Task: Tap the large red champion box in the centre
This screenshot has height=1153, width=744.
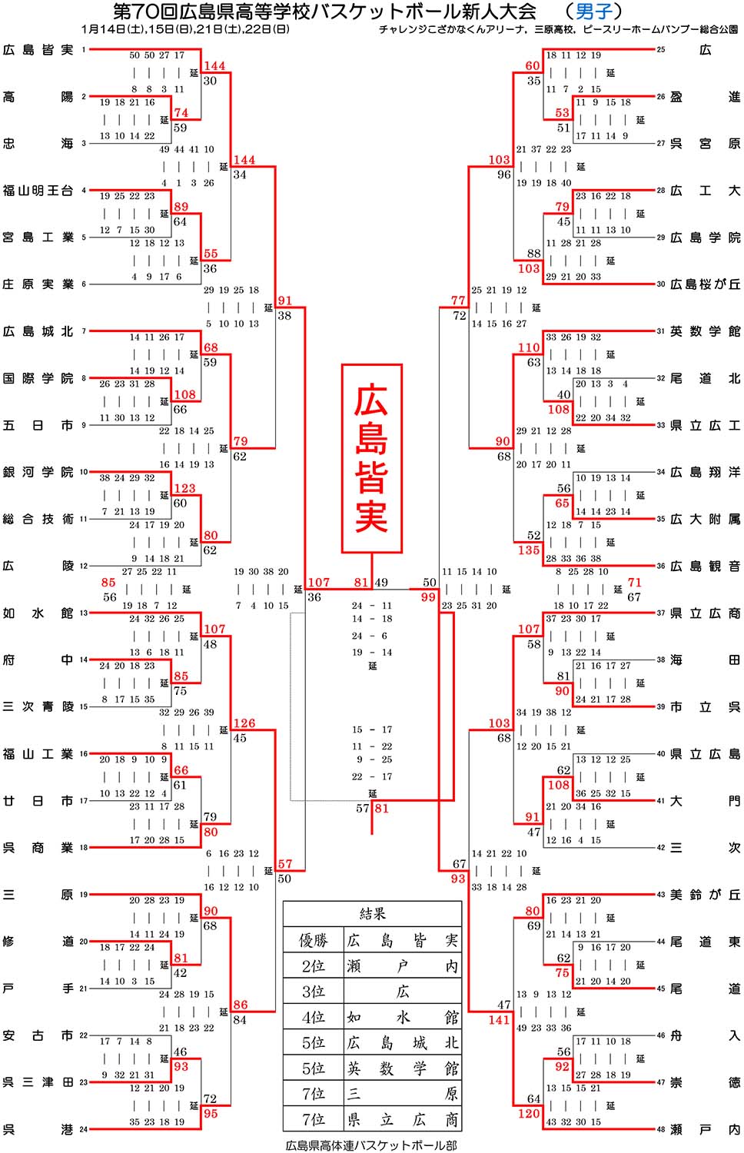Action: click(x=371, y=459)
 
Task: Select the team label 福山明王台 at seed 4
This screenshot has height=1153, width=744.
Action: click(x=38, y=191)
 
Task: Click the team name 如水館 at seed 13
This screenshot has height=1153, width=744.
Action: click(x=38, y=613)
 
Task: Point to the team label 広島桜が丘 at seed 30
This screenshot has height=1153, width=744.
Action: click(x=706, y=284)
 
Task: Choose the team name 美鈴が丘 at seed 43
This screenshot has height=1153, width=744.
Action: click(x=706, y=895)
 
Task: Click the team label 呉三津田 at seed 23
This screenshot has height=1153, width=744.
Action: click(x=38, y=1082)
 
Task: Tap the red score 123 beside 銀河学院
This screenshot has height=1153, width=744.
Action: click(x=184, y=488)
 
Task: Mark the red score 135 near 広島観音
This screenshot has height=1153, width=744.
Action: click(x=529, y=550)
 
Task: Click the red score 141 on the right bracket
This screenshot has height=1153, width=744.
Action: click(x=499, y=1020)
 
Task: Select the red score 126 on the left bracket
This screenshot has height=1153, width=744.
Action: click(x=244, y=723)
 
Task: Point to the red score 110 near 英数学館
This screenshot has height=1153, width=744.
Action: click(x=529, y=347)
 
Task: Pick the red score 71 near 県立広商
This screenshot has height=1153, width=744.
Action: click(x=634, y=582)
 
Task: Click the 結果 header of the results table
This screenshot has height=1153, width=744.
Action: click(x=372, y=914)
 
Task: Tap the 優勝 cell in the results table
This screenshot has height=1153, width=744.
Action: click(x=313, y=940)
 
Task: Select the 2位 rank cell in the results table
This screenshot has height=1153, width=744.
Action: click(x=313, y=965)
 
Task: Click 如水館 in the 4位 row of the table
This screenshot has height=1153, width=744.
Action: click(x=402, y=1017)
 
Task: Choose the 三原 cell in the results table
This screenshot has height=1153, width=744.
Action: click(x=402, y=1093)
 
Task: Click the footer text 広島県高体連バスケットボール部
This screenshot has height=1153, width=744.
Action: click(x=371, y=1145)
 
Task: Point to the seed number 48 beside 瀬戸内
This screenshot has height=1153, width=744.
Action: click(x=661, y=1129)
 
